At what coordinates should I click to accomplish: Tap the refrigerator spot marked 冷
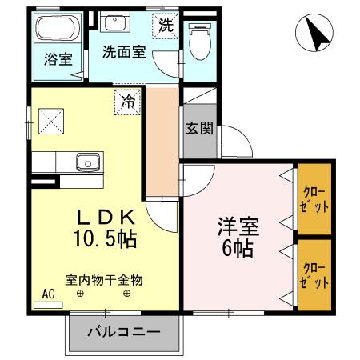(x=127, y=101)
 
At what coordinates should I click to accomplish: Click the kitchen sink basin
(x=86, y=162)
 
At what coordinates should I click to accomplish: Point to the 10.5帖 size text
(x=106, y=238)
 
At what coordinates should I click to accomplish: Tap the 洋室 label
(x=238, y=226)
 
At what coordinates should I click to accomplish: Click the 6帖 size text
(x=238, y=249)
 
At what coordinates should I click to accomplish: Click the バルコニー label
(x=123, y=331)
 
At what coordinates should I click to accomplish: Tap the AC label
(x=47, y=294)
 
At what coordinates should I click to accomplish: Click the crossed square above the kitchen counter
(x=48, y=122)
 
